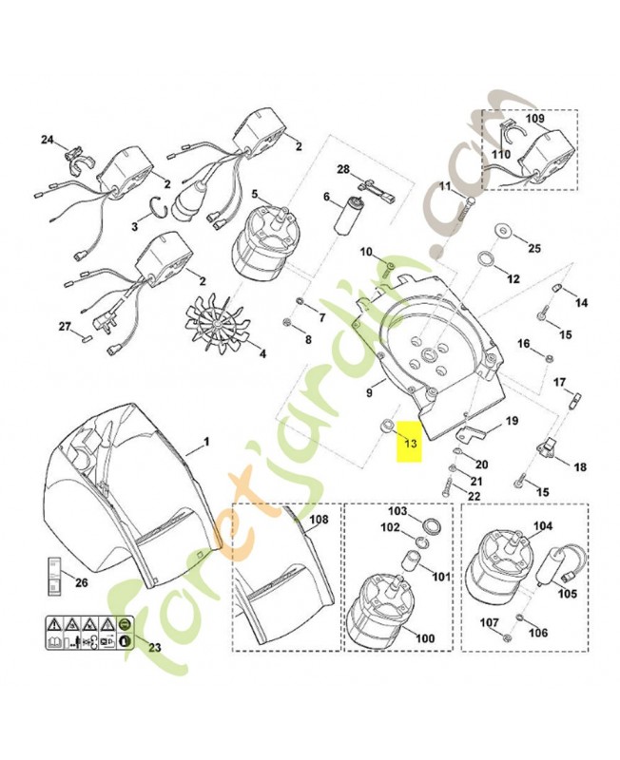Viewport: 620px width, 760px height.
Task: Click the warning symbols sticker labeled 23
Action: [86, 631]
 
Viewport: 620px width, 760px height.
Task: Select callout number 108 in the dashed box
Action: [319, 520]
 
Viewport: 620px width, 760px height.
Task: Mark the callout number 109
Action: [536, 121]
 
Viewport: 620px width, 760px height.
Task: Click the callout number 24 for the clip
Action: [48, 141]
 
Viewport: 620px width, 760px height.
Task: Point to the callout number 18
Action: [580, 467]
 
